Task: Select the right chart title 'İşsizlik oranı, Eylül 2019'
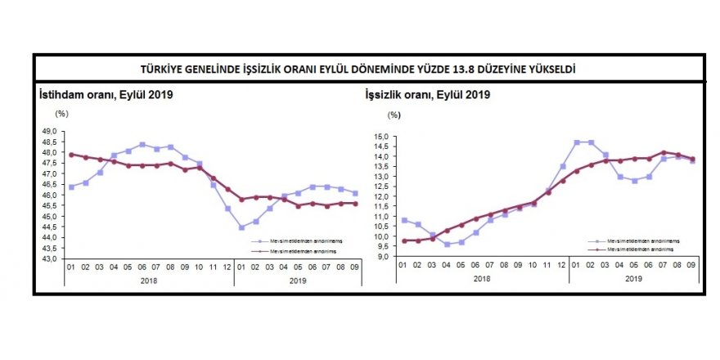(x=427, y=95)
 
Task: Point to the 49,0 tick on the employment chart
(x=50, y=131)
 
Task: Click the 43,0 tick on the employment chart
(x=50, y=259)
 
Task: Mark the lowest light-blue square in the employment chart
(x=241, y=227)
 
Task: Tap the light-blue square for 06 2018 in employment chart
(x=142, y=145)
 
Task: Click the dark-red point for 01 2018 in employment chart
(x=71, y=154)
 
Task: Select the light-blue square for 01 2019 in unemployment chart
(x=577, y=142)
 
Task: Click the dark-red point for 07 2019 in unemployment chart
(x=663, y=152)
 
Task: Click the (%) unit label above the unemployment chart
(x=394, y=117)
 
